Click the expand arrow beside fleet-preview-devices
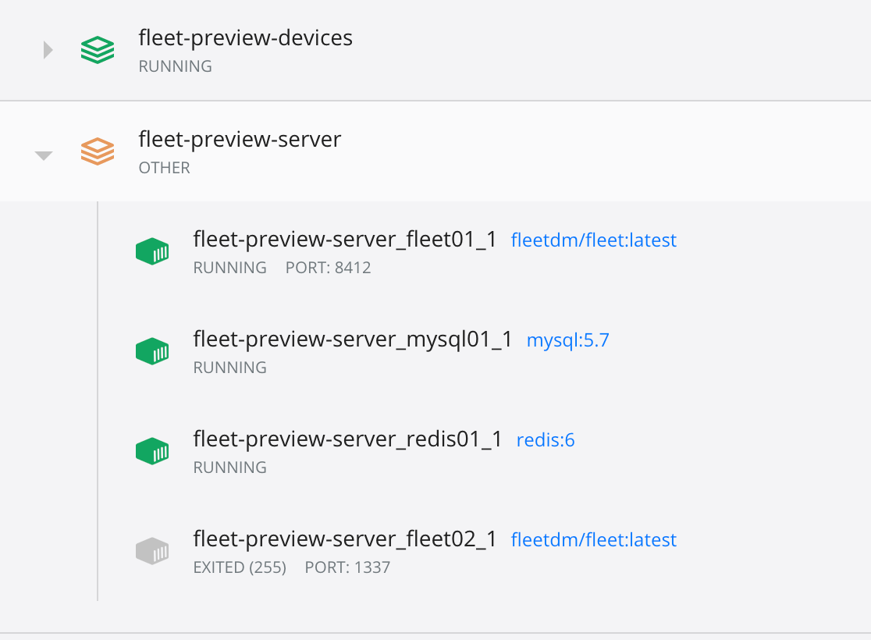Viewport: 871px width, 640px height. point(48,51)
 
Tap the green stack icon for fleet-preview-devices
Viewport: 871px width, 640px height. point(98,51)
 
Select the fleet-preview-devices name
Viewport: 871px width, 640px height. point(245,37)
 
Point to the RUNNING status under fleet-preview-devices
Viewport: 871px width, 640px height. point(175,66)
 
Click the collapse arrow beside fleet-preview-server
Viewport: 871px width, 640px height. point(44,156)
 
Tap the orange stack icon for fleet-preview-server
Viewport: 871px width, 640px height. point(98,151)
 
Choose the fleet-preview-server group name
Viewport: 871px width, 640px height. point(240,139)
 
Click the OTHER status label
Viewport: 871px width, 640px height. point(164,168)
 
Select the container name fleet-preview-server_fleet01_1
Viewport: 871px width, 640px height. point(345,240)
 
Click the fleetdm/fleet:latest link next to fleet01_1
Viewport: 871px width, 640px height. point(593,240)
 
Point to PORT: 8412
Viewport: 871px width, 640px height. point(328,268)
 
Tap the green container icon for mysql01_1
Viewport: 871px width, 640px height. point(152,351)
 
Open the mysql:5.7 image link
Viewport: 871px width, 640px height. point(567,340)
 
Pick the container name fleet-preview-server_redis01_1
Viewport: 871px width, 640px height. point(347,439)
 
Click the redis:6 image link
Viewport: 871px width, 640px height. point(546,440)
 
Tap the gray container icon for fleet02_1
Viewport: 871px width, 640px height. point(152,551)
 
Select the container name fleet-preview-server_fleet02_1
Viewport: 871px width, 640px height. point(345,539)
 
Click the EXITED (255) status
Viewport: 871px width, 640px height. point(240,567)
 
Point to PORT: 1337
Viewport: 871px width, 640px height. point(347,567)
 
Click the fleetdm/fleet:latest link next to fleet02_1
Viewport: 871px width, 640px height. point(593,540)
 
